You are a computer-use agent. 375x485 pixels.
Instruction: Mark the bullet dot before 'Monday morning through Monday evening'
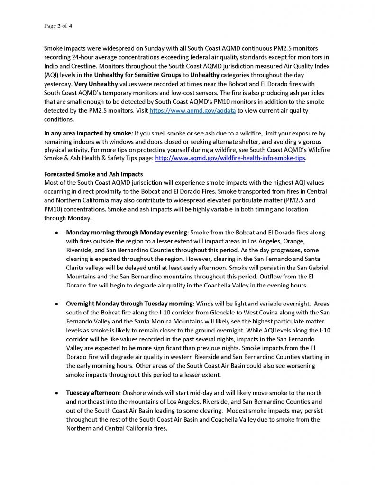57,233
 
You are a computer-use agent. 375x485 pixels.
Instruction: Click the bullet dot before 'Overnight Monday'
57,303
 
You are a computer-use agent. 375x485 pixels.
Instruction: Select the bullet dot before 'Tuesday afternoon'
57,393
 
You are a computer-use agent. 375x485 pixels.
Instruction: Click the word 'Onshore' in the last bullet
138,393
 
